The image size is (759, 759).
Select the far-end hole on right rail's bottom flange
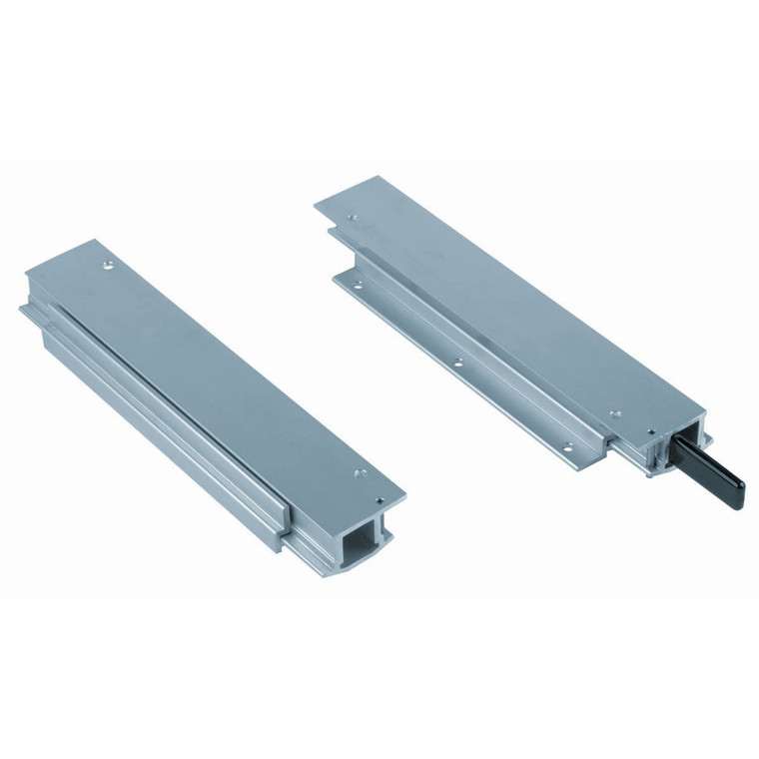[349, 282]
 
